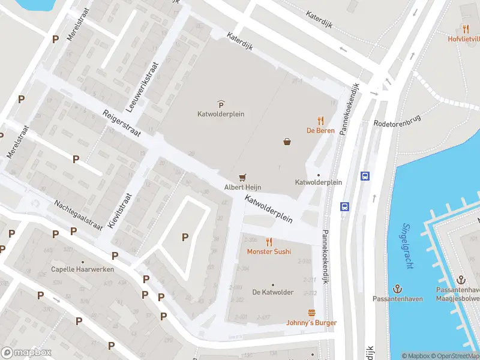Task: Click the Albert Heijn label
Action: pyautogui.click(x=242, y=187)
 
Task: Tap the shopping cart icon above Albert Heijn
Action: pyautogui.click(x=242, y=177)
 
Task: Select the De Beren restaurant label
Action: pyautogui.click(x=320, y=130)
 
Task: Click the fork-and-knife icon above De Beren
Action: pyautogui.click(x=320, y=120)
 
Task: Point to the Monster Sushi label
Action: pyautogui.click(x=269, y=251)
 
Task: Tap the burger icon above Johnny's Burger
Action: pyautogui.click(x=311, y=313)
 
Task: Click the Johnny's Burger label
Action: pyautogui.click(x=311, y=323)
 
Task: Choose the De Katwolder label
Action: pyautogui.click(x=273, y=292)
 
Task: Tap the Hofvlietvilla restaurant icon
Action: pyautogui.click(x=466, y=28)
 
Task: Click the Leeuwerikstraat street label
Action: pyautogui.click(x=142, y=88)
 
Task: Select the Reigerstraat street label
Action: pyautogui.click(x=122, y=124)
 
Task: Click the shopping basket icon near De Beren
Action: pyautogui.click(x=288, y=142)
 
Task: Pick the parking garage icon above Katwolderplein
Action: pyautogui.click(x=221, y=104)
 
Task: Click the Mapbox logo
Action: pyautogui.click(x=26, y=353)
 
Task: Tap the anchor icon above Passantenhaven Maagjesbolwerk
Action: pyautogui.click(x=461, y=280)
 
